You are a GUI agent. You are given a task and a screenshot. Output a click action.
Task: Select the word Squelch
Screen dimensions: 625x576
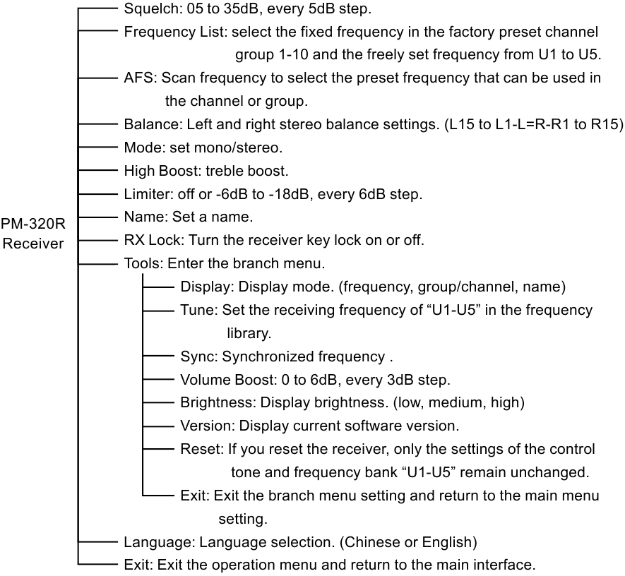[153, 8]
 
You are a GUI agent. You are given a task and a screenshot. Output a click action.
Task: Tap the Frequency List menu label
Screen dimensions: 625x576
[175, 32]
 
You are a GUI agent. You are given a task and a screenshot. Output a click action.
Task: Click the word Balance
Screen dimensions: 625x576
[153, 124]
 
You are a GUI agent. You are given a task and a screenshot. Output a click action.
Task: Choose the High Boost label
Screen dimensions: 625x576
[163, 171]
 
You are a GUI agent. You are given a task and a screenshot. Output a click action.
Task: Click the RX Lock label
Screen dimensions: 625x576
[153, 240]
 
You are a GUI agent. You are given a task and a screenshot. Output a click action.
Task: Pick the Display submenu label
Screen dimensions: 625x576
[206, 287]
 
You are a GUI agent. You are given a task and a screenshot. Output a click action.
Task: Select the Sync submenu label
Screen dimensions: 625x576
[198, 356]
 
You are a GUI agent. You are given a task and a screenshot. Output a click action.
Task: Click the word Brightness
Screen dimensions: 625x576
[218, 403]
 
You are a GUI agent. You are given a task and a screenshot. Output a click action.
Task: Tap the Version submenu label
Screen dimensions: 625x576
[207, 426]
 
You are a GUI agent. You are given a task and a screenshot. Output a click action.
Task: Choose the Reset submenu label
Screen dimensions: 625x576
[202, 449]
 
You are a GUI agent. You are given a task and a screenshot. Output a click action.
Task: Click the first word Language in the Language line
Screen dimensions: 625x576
[159, 542]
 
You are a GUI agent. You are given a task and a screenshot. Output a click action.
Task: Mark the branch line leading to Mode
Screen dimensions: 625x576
[98, 147]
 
